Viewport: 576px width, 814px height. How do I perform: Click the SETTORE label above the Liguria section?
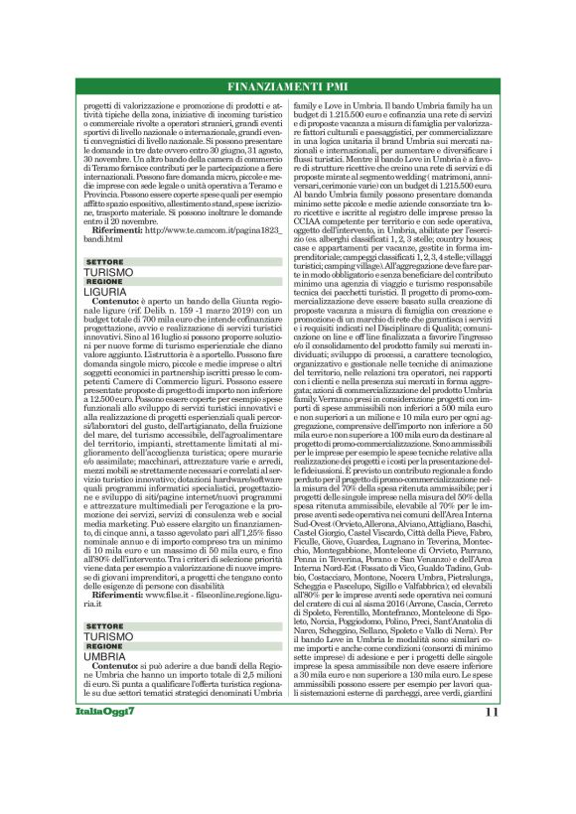coord(103,262)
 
